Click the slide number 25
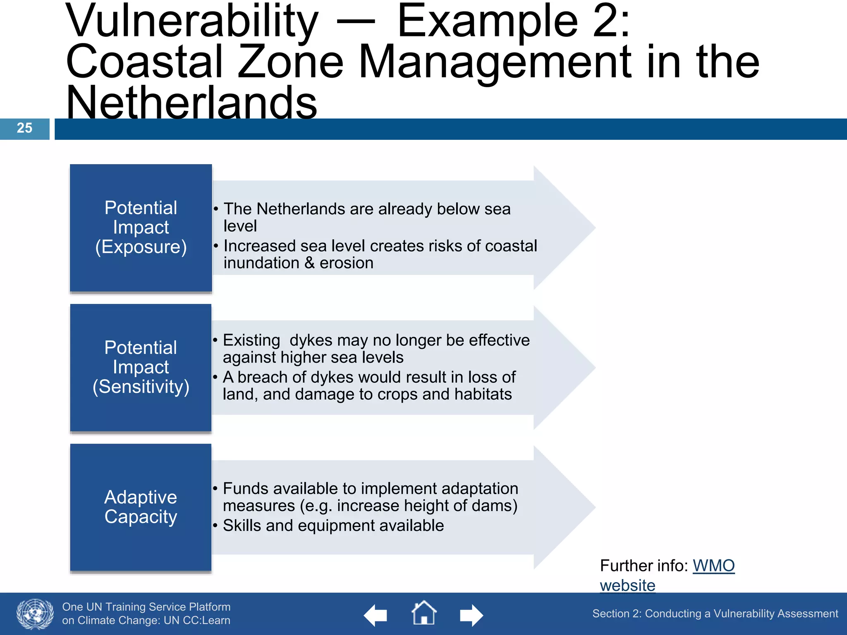tap(24, 128)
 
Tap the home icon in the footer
tap(423, 614)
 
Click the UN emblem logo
tap(35, 614)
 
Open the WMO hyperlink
tap(713, 566)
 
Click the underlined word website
tap(627, 585)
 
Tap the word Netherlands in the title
tap(191, 102)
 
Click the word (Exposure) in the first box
tap(141, 247)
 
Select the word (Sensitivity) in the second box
tap(141, 387)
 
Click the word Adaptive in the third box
tap(141, 497)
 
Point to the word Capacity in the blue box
tap(141, 517)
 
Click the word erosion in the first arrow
tap(347, 263)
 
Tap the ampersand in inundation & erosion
tap(309, 263)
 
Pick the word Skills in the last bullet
tap(242, 526)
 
